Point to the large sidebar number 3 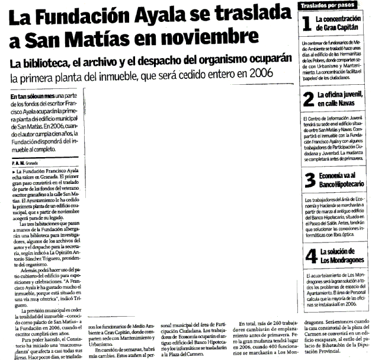[x=308, y=180]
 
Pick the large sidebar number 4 [x=308, y=256]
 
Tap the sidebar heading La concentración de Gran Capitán [x=339, y=23]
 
